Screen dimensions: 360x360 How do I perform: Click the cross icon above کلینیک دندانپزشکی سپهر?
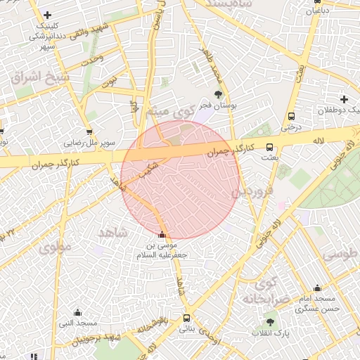[x=47, y=15]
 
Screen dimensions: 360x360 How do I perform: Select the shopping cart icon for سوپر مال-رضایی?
[x=89, y=131]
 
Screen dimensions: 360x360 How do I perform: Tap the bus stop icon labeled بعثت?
[x=269, y=147]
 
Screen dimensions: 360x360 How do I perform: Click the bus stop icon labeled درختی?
[x=290, y=117]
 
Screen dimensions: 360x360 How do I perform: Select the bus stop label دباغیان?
[x=316, y=11]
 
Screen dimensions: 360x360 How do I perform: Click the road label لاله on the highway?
[x=319, y=141]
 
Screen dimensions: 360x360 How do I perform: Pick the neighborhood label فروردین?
[x=252, y=191]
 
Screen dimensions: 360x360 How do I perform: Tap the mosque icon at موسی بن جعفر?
[x=164, y=235]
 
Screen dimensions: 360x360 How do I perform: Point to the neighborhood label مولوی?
[x=56, y=247]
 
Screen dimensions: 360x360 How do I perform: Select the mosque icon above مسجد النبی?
[x=77, y=312]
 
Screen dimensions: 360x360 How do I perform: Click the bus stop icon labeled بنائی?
[x=186, y=317]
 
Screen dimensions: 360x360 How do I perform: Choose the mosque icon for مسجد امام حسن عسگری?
[x=317, y=288]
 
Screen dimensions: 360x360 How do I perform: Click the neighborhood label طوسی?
[x=342, y=253]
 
